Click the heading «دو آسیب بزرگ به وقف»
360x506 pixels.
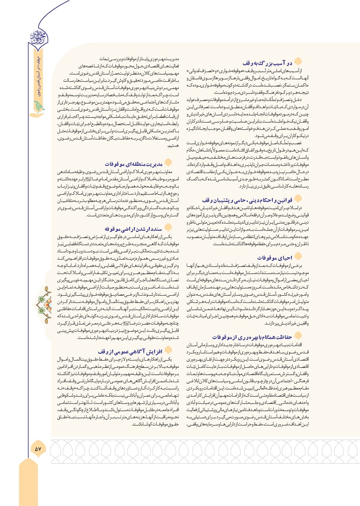tap(267, 63)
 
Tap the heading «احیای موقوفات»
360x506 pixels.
tap(274, 258)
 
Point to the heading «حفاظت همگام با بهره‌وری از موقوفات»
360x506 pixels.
tap(252, 337)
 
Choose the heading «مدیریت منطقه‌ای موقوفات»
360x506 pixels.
tap(133, 164)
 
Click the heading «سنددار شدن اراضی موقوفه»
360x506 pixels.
tap(133, 229)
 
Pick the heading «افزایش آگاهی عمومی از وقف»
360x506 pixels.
tap(130, 351)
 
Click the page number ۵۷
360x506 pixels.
tap(38, 449)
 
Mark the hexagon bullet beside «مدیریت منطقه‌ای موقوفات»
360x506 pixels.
tap(168, 163)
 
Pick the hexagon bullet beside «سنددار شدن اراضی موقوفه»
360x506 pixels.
tap(168, 227)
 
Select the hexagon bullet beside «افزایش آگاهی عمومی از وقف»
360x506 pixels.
tap(168, 350)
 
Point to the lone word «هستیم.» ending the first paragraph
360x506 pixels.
tap(173, 146)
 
